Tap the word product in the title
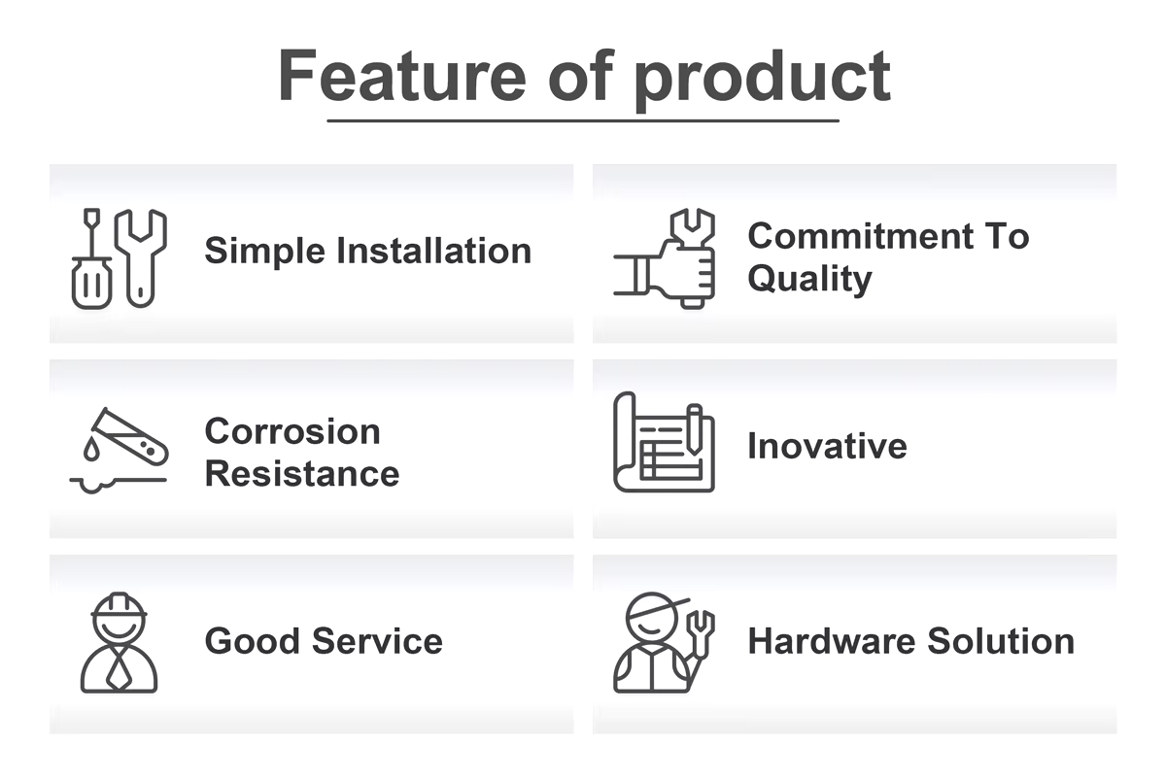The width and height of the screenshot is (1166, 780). click(762, 79)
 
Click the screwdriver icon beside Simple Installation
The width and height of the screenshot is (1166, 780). click(91, 258)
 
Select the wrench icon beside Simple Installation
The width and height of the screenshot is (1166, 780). click(141, 258)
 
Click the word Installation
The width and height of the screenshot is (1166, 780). click(434, 251)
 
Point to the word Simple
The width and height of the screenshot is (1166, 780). click(265, 253)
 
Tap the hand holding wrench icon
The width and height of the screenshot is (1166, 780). click(665, 258)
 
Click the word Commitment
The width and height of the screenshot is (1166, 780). click(859, 236)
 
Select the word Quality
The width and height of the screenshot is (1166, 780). click(809, 279)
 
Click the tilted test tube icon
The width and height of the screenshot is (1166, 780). click(130, 436)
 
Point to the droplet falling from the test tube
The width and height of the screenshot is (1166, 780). click(91, 449)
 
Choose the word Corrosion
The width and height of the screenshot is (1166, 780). click(292, 431)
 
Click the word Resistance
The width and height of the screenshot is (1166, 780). click(302, 474)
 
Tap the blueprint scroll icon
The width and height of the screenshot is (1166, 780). click(665, 442)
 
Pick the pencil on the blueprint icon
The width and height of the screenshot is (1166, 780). click(694, 429)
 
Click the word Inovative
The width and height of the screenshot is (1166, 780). click(827, 446)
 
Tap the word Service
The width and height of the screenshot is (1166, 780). click(377, 641)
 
